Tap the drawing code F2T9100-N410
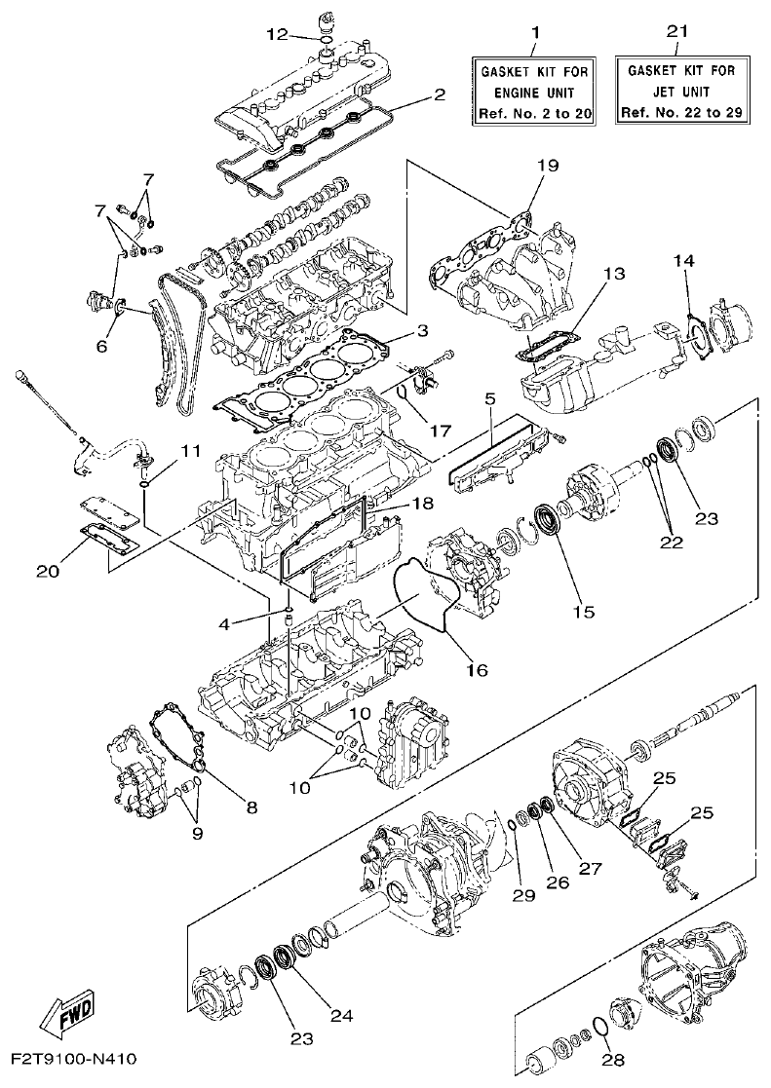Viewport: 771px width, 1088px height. pyautogui.click(x=74, y=1059)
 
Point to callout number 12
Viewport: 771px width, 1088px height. pyautogui.click(x=277, y=35)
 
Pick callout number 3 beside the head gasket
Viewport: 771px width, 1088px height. pyautogui.click(x=421, y=331)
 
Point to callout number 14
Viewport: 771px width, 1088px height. pyautogui.click(x=684, y=260)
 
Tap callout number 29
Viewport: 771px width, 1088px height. pyautogui.click(x=523, y=894)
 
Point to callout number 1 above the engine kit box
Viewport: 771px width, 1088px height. pyautogui.click(x=534, y=35)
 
